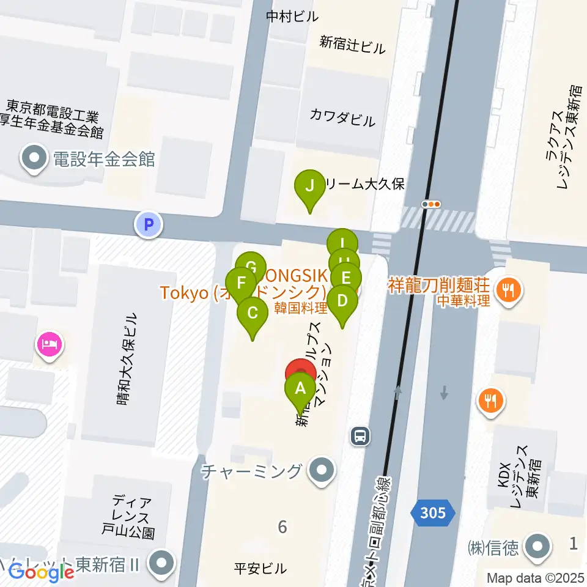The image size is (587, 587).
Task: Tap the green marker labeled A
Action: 300,389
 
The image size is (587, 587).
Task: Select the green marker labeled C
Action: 253,314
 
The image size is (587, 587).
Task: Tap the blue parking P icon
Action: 147,224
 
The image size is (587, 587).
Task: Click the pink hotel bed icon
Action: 50,344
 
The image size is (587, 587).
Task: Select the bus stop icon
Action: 360,436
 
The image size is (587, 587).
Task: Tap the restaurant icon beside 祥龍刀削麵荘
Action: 508,287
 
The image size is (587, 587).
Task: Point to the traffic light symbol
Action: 432,204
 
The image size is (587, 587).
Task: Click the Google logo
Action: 41,573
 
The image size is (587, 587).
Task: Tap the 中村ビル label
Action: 292,17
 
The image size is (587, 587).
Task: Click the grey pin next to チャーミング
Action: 321,471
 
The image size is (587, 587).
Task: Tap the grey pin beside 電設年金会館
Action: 34,160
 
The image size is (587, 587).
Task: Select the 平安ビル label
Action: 260,569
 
